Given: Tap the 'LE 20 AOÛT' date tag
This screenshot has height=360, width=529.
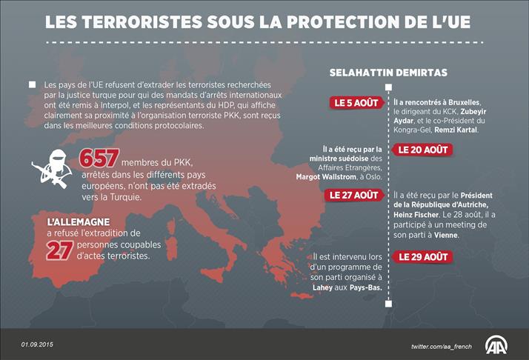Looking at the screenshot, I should [422, 150].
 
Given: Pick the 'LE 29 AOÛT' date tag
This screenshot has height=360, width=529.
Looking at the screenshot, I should [422, 257].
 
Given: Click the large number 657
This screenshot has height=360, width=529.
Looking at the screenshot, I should [98, 160].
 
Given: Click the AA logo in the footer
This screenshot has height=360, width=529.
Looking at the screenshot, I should [497, 344].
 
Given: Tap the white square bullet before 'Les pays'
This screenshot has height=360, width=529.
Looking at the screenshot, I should [32, 85].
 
